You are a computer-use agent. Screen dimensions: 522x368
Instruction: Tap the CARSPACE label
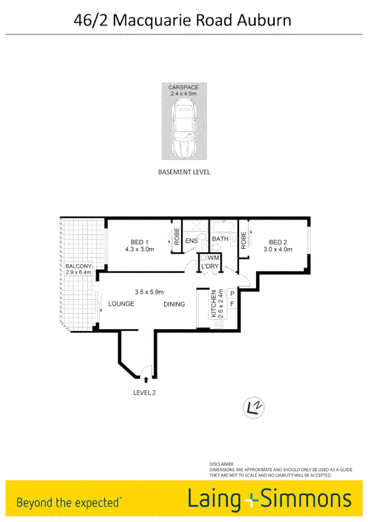184,88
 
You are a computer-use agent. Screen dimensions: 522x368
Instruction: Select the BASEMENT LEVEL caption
184,172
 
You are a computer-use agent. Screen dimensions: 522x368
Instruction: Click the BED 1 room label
139,241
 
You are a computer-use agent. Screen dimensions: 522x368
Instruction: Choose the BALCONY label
78,267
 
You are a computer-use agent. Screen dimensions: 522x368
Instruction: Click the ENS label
192,241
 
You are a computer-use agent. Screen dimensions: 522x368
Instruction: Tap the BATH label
220,239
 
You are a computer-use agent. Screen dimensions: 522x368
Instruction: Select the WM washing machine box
214,257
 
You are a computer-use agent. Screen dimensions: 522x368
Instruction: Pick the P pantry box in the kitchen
232,294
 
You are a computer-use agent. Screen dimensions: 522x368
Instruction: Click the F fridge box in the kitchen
232,304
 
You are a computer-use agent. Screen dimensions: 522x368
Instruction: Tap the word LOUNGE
121,304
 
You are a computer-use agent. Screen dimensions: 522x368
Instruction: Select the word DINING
175,304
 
